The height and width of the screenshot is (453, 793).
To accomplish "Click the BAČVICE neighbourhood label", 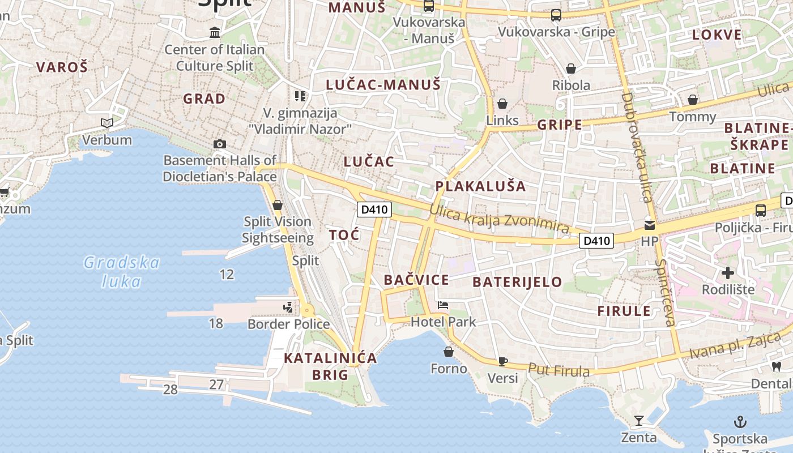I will tap(416, 280).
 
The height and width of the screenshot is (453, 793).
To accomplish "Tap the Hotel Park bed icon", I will tap(443, 306).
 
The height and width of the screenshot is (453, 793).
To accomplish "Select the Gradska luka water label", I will tap(122, 272).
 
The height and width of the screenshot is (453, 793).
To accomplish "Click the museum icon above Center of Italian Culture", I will tap(215, 33).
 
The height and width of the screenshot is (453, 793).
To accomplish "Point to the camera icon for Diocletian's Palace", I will tap(220, 144).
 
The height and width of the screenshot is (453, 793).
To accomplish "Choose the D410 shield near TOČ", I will tap(374, 210).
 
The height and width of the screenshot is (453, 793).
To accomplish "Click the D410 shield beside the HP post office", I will tap(597, 241).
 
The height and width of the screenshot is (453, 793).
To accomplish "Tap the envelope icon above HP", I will tap(649, 225).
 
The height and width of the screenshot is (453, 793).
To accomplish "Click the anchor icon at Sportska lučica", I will tap(740, 422).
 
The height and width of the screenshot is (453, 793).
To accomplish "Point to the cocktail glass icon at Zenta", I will tap(639, 421).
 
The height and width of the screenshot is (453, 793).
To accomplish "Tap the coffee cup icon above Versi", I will tap(502, 361).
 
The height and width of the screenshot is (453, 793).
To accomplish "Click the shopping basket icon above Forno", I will tap(449, 352).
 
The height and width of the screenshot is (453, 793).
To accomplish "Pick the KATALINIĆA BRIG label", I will tap(330, 366).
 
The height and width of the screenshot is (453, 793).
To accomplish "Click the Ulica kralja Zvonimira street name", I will tap(499, 218).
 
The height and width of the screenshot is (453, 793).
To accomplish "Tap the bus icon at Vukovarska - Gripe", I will tap(556, 15).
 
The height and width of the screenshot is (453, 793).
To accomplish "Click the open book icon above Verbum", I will tap(106, 123).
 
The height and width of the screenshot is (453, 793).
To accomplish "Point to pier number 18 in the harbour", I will tap(216, 323).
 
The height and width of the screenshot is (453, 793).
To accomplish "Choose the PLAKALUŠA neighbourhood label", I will tap(480, 186).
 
